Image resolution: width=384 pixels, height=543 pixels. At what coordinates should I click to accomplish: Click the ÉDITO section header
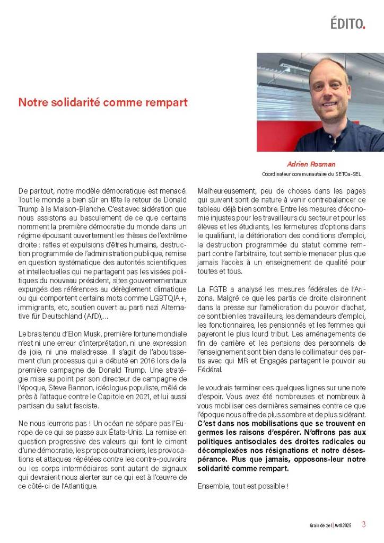pos(347,23)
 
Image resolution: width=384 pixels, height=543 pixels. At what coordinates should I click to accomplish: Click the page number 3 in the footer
pos(364,524)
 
